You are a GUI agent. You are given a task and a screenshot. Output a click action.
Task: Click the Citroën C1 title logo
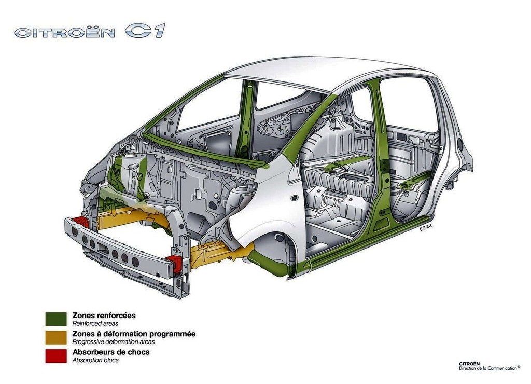click(90, 31)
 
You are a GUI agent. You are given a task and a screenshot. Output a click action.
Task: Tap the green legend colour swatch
click(56, 319)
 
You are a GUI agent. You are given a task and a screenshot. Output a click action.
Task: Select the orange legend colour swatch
click(56, 338)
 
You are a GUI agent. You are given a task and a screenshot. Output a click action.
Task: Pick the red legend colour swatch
click(56, 356)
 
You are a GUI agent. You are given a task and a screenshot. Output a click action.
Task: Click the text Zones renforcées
click(104, 316)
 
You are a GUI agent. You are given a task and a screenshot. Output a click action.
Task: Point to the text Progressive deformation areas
click(114, 342)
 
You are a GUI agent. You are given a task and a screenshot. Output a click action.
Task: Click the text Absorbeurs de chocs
click(111, 352)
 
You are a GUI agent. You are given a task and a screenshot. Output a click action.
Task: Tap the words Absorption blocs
click(95, 360)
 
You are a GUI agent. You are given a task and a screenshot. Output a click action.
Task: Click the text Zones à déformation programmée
click(134, 334)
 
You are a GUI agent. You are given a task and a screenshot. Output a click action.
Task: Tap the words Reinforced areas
click(95, 324)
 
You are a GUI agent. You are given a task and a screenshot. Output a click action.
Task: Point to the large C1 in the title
click(145, 31)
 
